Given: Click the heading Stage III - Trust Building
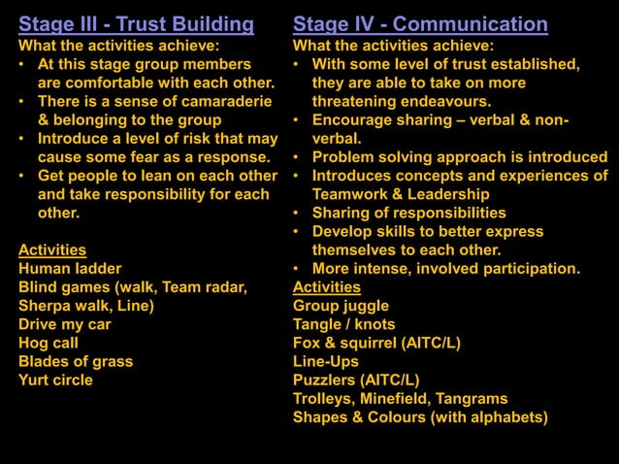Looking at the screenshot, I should (137, 24).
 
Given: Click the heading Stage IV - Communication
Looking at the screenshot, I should (420, 24).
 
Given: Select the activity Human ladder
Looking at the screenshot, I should (70, 269).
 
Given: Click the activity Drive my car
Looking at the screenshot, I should (65, 324).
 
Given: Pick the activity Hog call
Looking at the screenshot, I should (49, 343).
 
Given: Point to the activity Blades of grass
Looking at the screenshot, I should (76, 361).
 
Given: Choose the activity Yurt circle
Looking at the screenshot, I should (56, 380).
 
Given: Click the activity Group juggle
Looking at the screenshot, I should (341, 306).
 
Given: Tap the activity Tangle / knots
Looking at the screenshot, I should (344, 324).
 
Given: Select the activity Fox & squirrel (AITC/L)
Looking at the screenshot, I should (376, 343).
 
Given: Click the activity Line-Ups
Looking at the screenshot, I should (326, 361).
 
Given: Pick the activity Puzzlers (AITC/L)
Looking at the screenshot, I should (356, 380).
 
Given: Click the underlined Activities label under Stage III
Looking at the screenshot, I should (52, 250).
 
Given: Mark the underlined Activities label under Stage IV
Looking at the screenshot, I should (327, 287).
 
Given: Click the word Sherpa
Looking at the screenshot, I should (44, 306).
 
